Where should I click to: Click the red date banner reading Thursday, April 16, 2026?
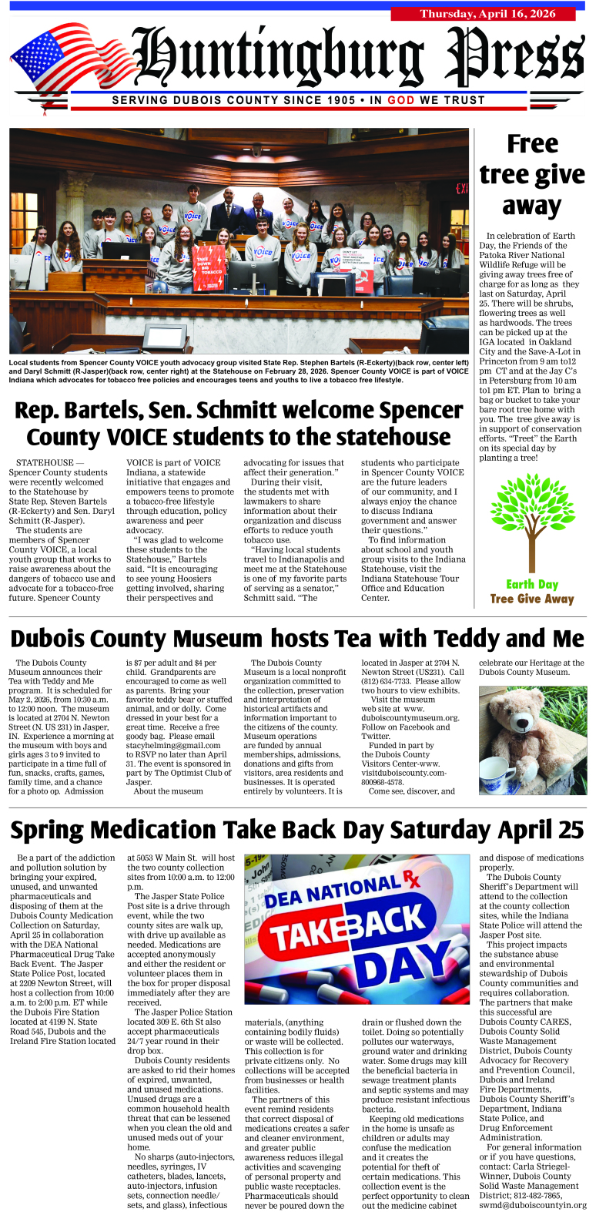coord(483,14)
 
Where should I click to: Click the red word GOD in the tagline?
coord(400,100)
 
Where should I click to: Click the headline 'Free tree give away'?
coord(531,175)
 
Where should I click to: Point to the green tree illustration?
coord(531,522)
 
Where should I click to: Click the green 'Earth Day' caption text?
coord(532,584)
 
